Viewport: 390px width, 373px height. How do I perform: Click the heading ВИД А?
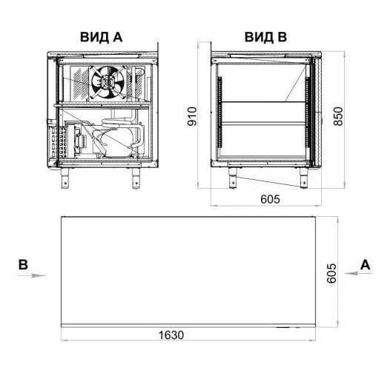click(x=102, y=37)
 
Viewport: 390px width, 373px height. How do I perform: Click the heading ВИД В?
click(x=265, y=37)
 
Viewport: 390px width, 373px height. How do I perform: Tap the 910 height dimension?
click(x=192, y=116)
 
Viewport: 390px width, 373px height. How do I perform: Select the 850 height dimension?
click(x=338, y=116)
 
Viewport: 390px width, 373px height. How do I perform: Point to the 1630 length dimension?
click(x=171, y=335)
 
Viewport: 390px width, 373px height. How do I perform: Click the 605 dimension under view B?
click(x=270, y=199)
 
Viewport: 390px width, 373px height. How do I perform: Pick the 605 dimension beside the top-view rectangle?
click(x=331, y=273)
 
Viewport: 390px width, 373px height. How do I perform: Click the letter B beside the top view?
click(x=23, y=265)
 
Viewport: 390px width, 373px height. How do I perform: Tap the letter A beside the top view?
click(x=365, y=265)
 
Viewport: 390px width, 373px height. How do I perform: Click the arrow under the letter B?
click(x=32, y=275)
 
